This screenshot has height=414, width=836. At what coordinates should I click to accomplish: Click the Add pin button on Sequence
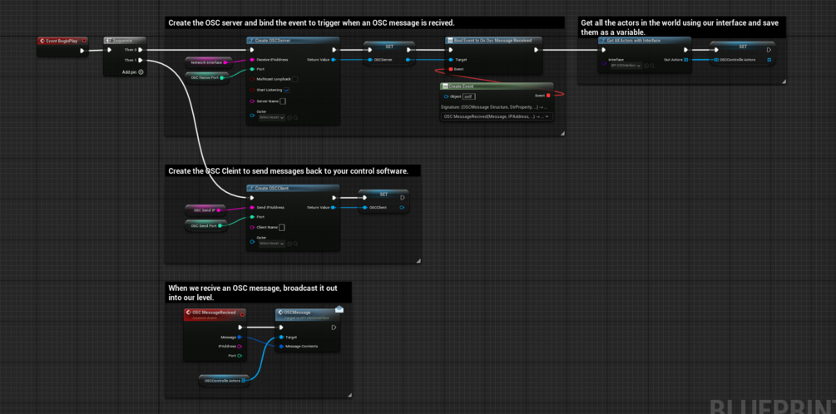click(141, 71)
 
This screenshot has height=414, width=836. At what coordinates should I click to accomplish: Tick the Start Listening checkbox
click(286, 90)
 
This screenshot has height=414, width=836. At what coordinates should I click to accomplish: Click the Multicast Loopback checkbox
click(294, 79)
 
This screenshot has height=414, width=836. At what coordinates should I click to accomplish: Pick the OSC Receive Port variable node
click(207, 76)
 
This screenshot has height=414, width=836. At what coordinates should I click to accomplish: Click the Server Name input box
click(283, 101)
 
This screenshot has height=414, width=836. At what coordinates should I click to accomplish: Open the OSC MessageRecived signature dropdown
click(497, 116)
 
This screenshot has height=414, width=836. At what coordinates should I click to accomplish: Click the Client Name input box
click(282, 227)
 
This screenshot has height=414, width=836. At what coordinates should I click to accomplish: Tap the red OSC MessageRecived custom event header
click(214, 313)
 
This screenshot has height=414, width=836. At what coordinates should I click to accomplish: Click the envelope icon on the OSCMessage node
click(339, 308)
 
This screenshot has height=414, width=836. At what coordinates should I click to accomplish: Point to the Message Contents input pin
click(281, 347)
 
